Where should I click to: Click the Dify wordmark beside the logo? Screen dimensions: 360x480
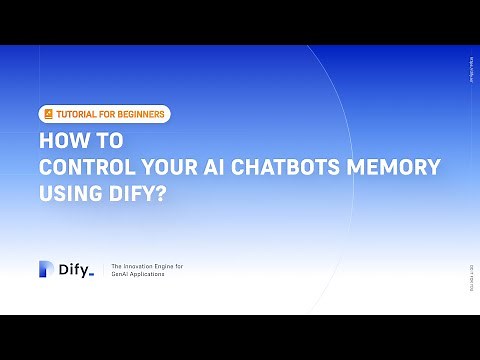click(72, 268)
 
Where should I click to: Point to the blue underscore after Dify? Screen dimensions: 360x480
click(91, 274)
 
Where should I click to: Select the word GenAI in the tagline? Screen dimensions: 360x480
click(123, 273)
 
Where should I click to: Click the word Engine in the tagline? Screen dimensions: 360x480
click(169, 265)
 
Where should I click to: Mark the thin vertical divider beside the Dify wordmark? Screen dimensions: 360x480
click(103, 269)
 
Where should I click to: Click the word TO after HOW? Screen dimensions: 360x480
click(96, 143)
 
